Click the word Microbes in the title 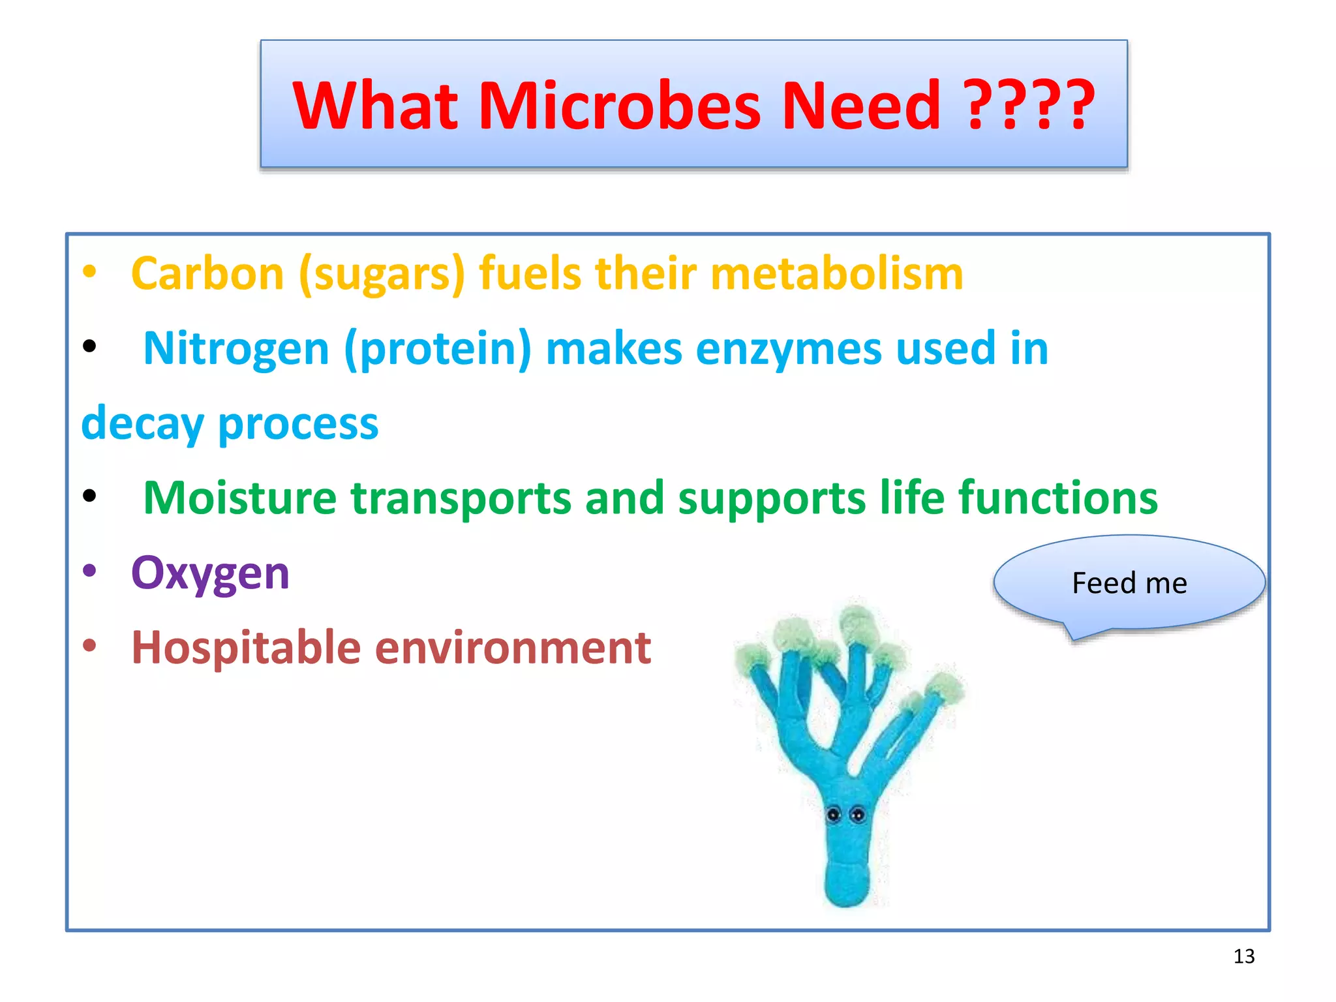click(620, 106)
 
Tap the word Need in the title click(861, 106)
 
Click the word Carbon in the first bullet click(207, 274)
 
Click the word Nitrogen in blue click(235, 349)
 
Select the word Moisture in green click(239, 498)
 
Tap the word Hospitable click(246, 649)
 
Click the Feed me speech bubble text click(1129, 583)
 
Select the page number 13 click(1243, 956)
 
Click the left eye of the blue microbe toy click(833, 814)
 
